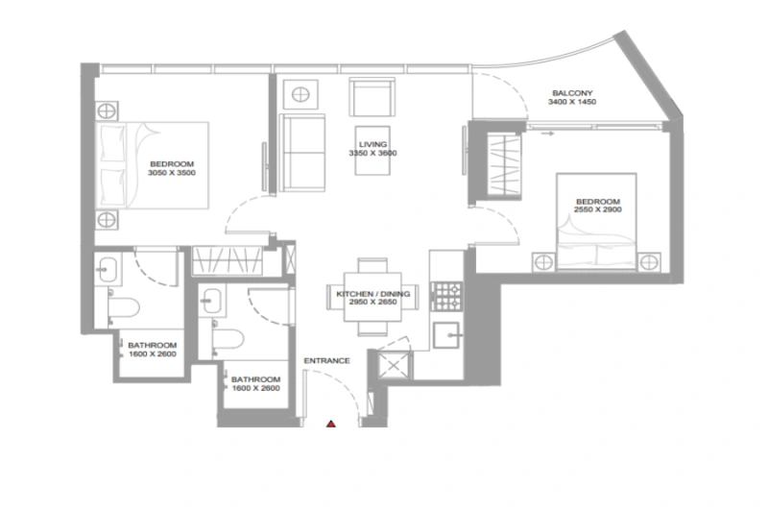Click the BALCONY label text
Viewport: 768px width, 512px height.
(x=569, y=89)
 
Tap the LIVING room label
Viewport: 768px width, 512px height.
(x=372, y=144)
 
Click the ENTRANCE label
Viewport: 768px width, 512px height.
(x=326, y=360)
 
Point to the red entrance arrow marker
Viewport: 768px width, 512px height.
(x=330, y=422)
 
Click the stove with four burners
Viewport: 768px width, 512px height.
(x=446, y=295)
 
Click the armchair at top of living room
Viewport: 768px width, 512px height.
(x=371, y=97)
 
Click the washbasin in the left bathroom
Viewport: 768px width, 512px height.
(x=106, y=270)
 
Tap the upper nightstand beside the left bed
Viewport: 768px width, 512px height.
(x=106, y=107)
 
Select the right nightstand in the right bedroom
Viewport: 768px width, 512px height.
(x=650, y=260)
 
